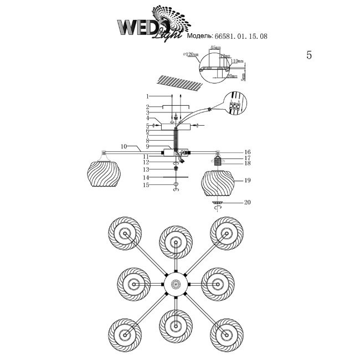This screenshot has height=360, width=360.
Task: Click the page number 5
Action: (x=309, y=55)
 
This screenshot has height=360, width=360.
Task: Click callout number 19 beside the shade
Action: (x=248, y=181)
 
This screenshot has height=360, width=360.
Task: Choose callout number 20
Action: (x=248, y=203)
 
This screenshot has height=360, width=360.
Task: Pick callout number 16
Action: (x=248, y=152)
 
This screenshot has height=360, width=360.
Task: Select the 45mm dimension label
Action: (x=215, y=48)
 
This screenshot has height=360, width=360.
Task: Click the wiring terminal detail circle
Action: (x=234, y=107)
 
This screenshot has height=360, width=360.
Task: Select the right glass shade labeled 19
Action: (x=217, y=183)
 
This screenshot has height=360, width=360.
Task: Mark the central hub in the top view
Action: (x=177, y=284)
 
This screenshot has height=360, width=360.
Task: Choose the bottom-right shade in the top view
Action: (x=227, y=333)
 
